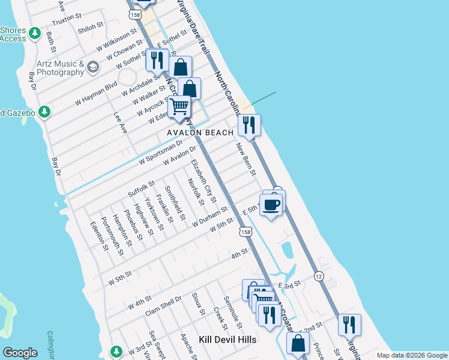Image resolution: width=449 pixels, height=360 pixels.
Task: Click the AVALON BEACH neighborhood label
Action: coord(200,133)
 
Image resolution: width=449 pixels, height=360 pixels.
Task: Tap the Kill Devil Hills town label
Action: coord(228,340)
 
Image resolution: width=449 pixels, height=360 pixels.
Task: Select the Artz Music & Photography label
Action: coord(51,68)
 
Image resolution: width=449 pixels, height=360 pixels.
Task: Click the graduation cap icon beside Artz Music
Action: coord(93,67)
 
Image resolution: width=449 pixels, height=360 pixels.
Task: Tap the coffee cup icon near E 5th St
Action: coord(271,205)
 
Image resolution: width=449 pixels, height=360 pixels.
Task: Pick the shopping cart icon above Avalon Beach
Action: coord(179,107)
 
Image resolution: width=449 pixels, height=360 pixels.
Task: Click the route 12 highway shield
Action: coord(318,275)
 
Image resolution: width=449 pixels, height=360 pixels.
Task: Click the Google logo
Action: coord(20,353)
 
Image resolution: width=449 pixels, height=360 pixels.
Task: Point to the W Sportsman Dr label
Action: coord(160,153)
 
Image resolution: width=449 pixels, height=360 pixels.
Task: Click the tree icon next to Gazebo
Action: coord(44,112)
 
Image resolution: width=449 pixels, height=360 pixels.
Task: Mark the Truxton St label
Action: coord(66,20)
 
